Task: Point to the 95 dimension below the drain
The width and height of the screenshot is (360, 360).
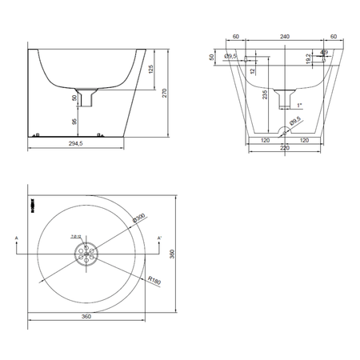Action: tap(74, 122)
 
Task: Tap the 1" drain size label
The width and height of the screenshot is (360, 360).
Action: tap(298, 106)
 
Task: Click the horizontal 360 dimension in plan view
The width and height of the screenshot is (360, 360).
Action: tap(86, 317)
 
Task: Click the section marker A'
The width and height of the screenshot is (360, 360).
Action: tap(160, 238)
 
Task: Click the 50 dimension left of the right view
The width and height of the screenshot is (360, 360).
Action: tap(213, 58)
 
